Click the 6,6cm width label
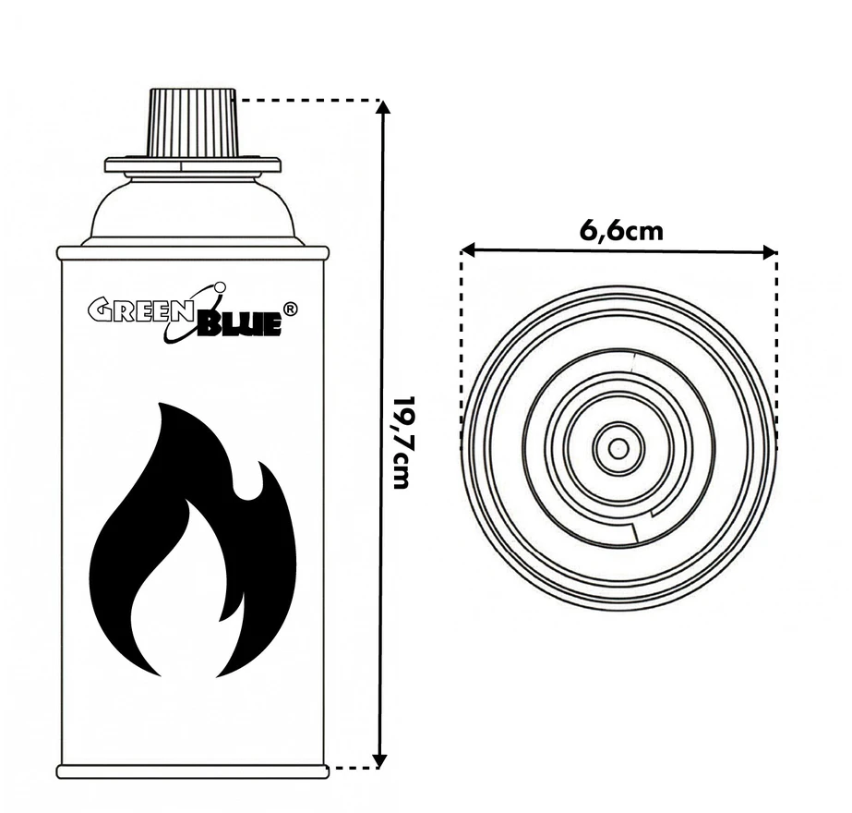coord(621,231)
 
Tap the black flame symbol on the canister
coord(193,540)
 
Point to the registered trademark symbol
coord(291,309)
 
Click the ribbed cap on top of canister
coord(194,123)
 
